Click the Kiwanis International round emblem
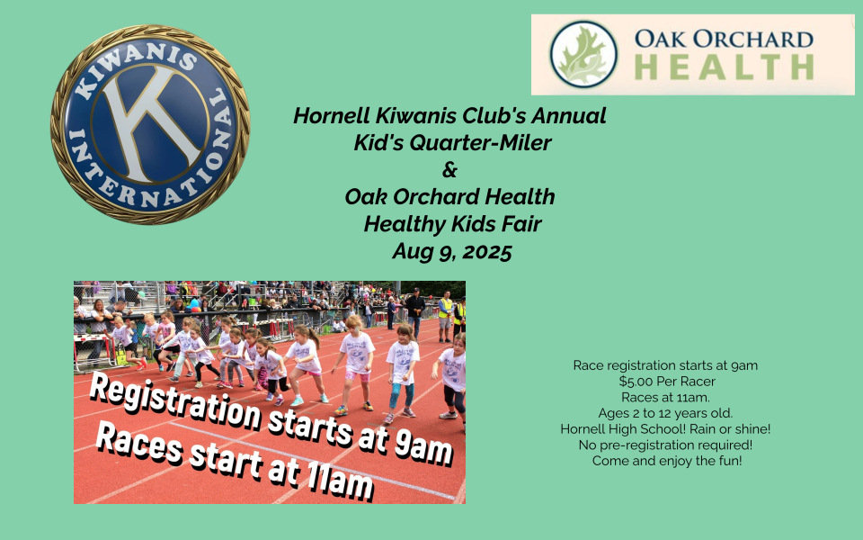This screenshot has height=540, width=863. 150,124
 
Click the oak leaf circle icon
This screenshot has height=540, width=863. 583,54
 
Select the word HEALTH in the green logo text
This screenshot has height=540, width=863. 724,67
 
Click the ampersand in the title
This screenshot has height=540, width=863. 449,170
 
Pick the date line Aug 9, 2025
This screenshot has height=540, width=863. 452,251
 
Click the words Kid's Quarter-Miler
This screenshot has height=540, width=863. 452,143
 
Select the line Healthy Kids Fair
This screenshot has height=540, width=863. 452,224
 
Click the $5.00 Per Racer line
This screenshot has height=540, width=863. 666,382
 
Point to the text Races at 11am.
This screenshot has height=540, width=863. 665,397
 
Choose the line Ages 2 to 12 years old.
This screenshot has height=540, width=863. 665,413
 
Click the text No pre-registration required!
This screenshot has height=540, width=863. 665,445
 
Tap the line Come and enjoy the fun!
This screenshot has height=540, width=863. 666,461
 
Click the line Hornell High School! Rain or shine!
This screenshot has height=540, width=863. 665,428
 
